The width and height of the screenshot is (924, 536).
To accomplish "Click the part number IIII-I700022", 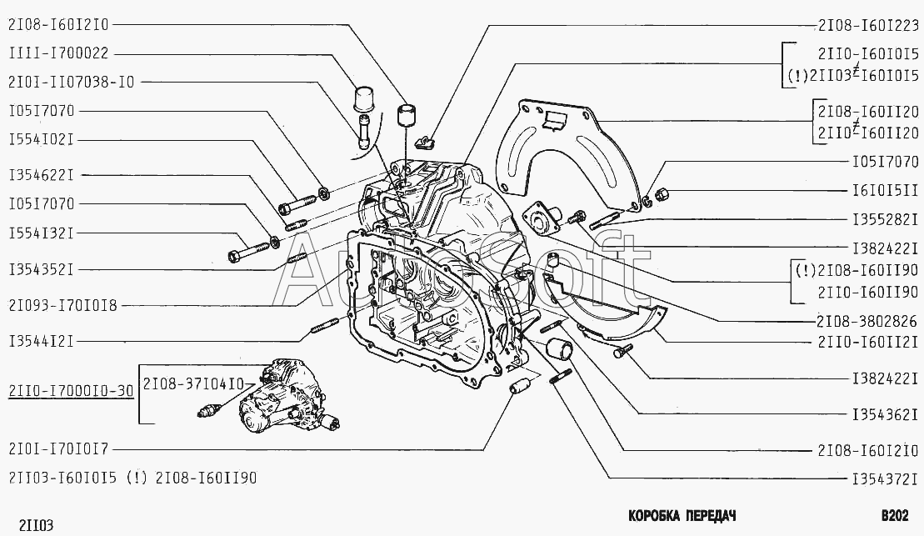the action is tap(59, 53).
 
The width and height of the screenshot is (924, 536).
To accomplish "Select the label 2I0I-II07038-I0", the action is tap(72, 82).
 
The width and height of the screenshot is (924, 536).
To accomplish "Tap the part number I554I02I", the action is tap(42, 140).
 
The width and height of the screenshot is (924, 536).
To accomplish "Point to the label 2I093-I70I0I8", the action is tap(63, 305).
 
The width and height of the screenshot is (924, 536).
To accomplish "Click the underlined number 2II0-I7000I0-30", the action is tap(72, 390).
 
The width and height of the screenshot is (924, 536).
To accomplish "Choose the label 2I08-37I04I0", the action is tap(193, 384).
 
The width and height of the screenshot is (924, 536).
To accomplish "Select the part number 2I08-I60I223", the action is tap(868, 25).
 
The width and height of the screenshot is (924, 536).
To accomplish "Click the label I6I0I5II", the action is tap(885, 190).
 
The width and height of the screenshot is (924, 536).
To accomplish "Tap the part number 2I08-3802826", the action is tap(867, 321).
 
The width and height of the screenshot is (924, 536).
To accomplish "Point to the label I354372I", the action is tap(885, 478).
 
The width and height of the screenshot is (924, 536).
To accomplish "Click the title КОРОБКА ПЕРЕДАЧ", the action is tap(682, 516).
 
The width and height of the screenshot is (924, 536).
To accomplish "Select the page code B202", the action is tap(895, 516).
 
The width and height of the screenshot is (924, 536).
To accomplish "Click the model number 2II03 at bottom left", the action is tap(36, 525).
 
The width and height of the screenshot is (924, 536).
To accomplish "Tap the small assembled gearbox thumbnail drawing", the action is tap(269, 395).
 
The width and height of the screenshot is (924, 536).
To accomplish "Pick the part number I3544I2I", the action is tap(42, 341).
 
